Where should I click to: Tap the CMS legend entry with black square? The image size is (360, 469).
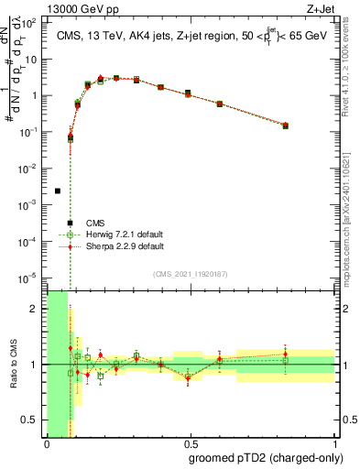95,223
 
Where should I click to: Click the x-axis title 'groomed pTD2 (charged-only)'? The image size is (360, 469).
265,457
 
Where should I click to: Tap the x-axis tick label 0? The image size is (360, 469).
47,445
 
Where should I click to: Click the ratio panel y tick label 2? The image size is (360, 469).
35,309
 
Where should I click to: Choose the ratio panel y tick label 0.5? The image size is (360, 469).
30,420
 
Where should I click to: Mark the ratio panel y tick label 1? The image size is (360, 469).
35,365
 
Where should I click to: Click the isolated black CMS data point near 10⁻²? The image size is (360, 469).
58,191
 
